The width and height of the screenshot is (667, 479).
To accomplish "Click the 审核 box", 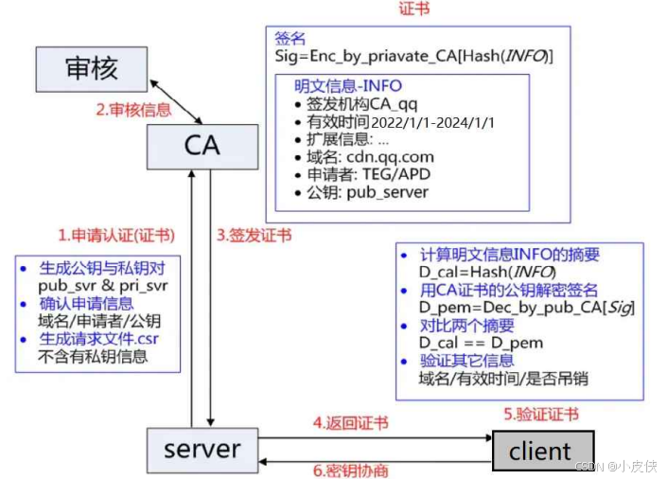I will coord(92,70).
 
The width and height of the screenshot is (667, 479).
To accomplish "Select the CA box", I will coord(201,145).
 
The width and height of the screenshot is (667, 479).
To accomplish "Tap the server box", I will coord(201,448).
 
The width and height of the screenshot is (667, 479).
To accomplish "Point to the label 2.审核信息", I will coord(133,109).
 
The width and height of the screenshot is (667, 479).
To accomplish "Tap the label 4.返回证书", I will coord(350,422).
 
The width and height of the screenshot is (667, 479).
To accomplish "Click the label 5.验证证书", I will coord(540,414).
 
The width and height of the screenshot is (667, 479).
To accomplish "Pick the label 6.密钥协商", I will coord(350,470).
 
